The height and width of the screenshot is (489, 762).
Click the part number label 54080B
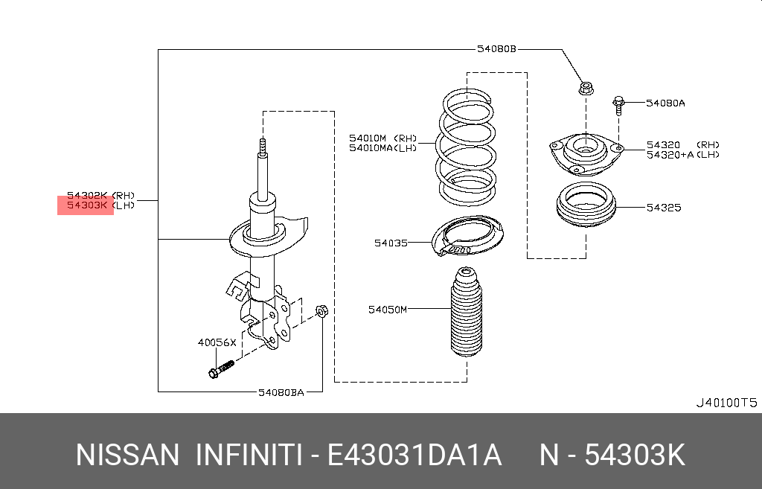click(496, 50)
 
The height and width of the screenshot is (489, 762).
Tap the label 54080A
click(665, 103)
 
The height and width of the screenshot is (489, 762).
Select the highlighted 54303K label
click(86, 205)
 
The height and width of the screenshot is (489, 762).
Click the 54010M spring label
click(368, 138)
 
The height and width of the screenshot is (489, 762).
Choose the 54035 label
click(391, 243)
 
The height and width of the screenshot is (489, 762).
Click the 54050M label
click(388, 309)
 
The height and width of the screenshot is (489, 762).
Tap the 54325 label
click(663, 208)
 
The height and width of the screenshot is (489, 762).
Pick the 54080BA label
click(281, 391)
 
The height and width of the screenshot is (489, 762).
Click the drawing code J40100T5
click(726, 403)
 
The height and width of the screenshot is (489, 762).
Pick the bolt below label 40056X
click(220, 368)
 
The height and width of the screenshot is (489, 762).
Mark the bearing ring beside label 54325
click(586, 208)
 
